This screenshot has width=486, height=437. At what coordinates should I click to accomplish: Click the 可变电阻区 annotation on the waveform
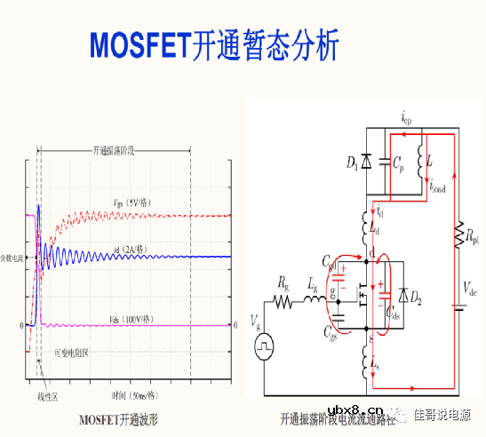coord(71,353)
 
